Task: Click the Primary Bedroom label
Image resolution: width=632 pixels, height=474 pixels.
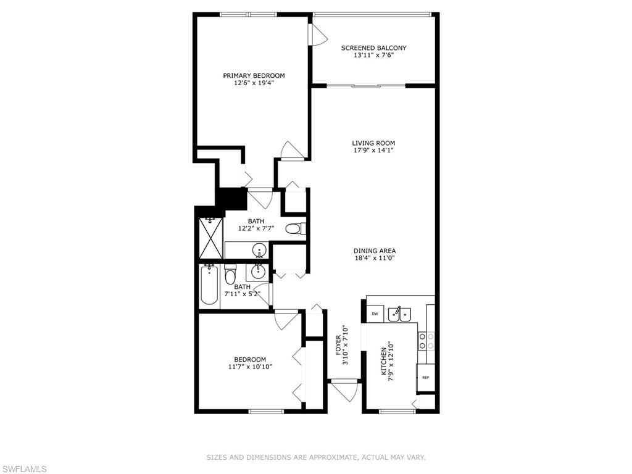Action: pyautogui.click(x=254, y=75)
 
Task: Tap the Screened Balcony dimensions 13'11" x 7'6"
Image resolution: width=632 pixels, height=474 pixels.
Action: pyautogui.click(x=373, y=55)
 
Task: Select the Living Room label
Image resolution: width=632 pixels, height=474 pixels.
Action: pyautogui.click(x=373, y=143)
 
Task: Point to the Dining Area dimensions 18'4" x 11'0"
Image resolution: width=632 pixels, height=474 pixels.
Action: pyautogui.click(x=375, y=258)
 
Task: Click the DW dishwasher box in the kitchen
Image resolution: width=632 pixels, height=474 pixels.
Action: pyautogui.click(x=375, y=314)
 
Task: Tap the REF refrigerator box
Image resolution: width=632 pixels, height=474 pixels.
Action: pyautogui.click(x=426, y=378)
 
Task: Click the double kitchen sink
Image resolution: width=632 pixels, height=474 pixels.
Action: pyautogui.click(x=399, y=314)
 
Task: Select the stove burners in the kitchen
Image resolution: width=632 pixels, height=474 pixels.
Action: pyautogui.click(x=426, y=341)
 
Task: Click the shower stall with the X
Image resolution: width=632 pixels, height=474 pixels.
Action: pyautogui.click(x=211, y=238)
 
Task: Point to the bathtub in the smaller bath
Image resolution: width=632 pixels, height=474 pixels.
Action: pyautogui.click(x=209, y=285)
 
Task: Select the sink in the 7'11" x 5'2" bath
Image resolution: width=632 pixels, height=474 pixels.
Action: pyautogui.click(x=259, y=272)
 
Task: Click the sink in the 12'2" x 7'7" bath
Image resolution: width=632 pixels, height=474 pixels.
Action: pyautogui.click(x=259, y=251)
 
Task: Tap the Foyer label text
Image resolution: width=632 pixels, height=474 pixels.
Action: pyautogui.click(x=338, y=345)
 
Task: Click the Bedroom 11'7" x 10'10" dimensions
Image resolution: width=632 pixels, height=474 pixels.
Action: pyautogui.click(x=251, y=367)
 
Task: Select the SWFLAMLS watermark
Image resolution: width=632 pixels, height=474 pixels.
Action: pyautogui.click(x=23, y=469)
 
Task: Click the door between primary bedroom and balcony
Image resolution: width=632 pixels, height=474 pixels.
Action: pyautogui.click(x=318, y=35)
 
